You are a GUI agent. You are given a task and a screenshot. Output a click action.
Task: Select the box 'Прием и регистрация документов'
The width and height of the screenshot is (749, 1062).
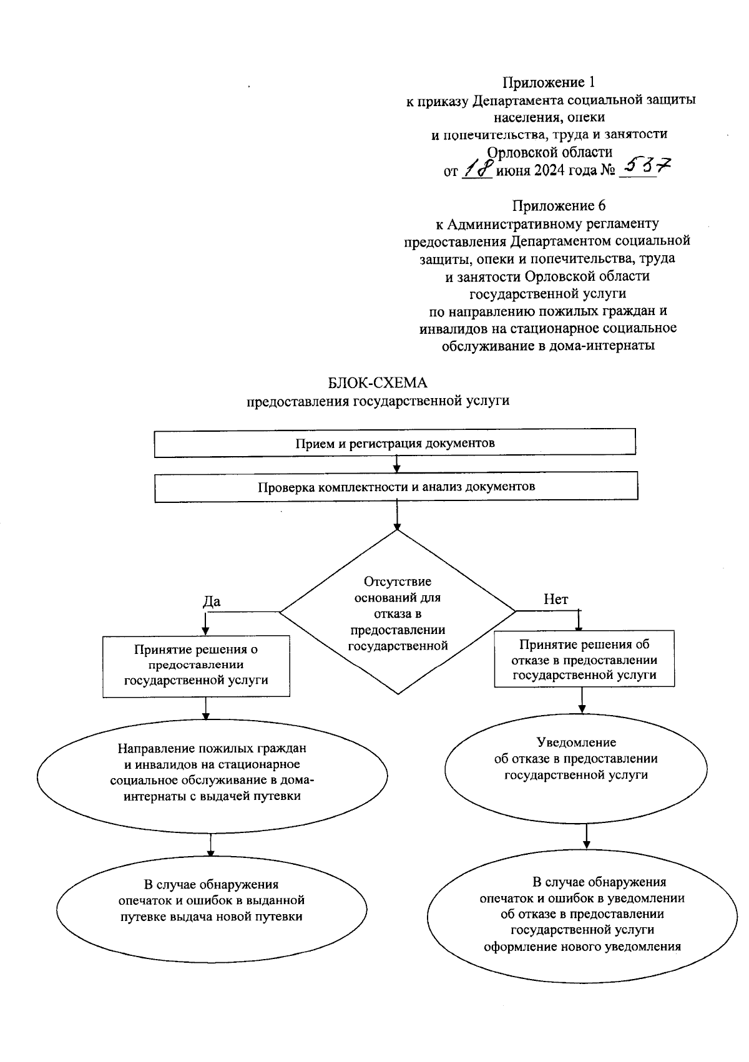pyautogui.click(x=394, y=443)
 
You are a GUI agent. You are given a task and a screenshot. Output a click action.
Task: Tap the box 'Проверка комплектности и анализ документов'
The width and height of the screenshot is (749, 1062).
pyautogui.click(x=396, y=487)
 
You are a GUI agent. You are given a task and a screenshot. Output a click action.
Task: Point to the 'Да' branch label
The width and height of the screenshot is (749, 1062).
pyautogui.click(x=212, y=601)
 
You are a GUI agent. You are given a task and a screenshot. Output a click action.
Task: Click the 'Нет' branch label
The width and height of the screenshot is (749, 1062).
pyautogui.click(x=556, y=600)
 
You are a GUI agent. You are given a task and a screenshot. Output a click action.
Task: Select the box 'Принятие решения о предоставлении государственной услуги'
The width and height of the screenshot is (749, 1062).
pyautogui.click(x=196, y=665)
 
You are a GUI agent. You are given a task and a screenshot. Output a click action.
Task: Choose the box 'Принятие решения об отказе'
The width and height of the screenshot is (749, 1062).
pyautogui.click(x=584, y=660)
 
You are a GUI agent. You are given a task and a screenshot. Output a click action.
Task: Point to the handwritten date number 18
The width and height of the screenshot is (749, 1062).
pyautogui.click(x=477, y=170)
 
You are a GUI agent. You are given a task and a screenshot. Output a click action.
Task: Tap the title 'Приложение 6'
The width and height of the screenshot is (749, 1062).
pyautogui.click(x=559, y=205)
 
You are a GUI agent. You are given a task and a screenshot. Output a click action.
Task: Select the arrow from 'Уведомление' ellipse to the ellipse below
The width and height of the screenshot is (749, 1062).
pyautogui.click(x=586, y=836)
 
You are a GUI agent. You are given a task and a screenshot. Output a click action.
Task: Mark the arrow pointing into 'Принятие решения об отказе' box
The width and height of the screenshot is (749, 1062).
pyautogui.click(x=580, y=620)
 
